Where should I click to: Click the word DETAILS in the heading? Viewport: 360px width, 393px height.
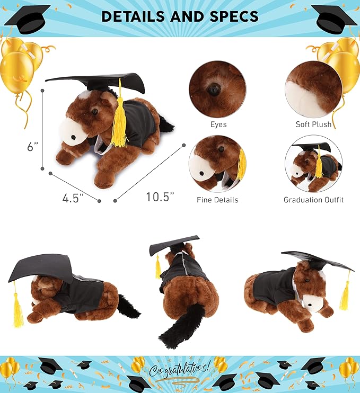pos(135,16)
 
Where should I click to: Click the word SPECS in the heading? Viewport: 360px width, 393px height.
pos(234,16)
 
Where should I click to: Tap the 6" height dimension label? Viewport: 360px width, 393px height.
pos(33,146)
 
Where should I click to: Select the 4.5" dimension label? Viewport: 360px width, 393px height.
pos(73,198)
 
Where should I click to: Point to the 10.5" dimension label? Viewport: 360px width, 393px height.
pos(160,196)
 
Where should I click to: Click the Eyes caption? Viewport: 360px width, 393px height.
pos(218,124)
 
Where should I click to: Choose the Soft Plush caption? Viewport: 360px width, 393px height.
pos(313,124)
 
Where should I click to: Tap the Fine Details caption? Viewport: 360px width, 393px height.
pos(217,200)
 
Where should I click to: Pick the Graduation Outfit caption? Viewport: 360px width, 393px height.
pos(313,200)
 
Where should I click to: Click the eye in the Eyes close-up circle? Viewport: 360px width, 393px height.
pos(214,89)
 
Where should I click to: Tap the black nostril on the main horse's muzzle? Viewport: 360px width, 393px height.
pos(73,137)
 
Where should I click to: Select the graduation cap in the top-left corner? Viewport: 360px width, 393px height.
pos(28,19)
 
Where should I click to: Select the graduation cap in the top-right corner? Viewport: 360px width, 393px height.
pos(333,19)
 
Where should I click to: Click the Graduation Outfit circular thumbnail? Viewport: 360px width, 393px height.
pos(313,164)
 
